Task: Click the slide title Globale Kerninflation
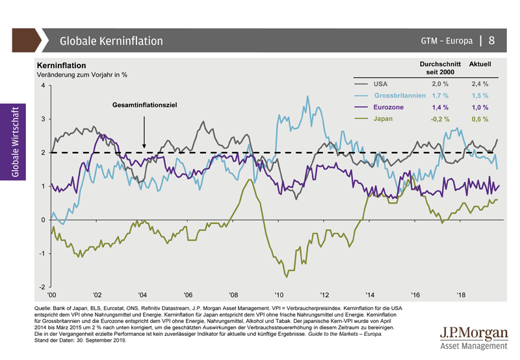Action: tap(111, 41)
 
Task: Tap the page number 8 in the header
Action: tap(492, 40)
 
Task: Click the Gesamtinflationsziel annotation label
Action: tap(144, 105)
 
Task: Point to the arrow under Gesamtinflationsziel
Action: tap(144, 130)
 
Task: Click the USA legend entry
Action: tap(381, 84)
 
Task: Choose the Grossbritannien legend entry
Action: tap(399, 96)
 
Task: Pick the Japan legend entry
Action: tap(383, 119)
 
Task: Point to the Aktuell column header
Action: tap(480, 65)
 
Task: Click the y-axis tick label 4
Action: tap(43, 86)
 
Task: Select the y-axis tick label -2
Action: tap(42, 287)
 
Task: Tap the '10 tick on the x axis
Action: tap(279, 295)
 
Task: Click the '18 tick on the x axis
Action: tap(461, 295)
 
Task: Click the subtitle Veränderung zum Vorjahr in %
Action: tap(82, 75)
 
